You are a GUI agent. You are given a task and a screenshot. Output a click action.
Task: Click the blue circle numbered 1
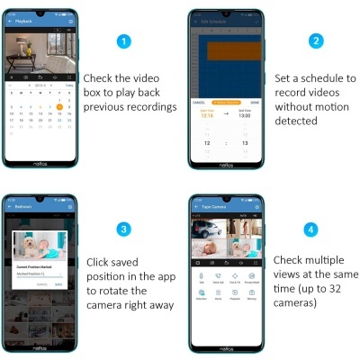tap(126, 42)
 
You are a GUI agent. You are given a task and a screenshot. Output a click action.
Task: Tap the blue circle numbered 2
tap(314, 42)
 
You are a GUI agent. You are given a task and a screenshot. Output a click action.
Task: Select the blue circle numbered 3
tap(126, 229)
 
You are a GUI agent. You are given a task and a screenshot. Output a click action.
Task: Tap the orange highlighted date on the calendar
tap(59, 105)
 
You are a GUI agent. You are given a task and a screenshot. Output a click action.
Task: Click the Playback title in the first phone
tap(24, 21)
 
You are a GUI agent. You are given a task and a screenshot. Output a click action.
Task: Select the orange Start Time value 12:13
tap(206, 114)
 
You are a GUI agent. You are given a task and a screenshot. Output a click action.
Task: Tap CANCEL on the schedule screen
tap(199, 103)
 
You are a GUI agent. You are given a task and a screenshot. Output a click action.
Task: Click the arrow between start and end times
tap(226, 114)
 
